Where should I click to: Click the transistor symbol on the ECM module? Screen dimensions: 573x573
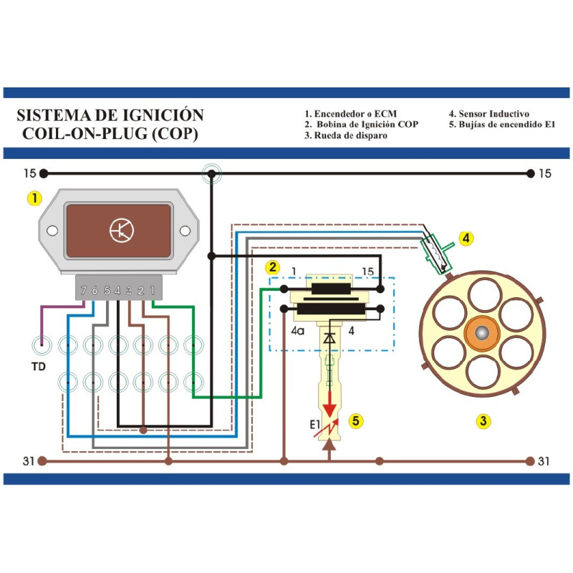(x=122, y=230)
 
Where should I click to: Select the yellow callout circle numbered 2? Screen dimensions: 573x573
(x=272, y=268)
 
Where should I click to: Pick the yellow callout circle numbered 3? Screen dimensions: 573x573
(x=484, y=421)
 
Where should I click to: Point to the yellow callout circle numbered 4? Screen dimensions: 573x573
(x=466, y=239)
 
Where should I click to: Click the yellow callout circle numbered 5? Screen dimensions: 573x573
(x=355, y=420)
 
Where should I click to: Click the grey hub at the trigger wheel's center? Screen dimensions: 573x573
(x=482, y=334)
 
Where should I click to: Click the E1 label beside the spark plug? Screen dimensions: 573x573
(x=314, y=426)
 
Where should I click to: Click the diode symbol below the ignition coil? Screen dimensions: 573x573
(x=329, y=337)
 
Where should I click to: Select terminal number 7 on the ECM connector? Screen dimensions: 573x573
(x=84, y=290)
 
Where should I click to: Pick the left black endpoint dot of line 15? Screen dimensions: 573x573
(x=44, y=173)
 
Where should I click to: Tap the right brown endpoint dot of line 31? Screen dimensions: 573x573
(x=530, y=461)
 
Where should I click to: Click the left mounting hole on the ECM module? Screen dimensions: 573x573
(x=52, y=231)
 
